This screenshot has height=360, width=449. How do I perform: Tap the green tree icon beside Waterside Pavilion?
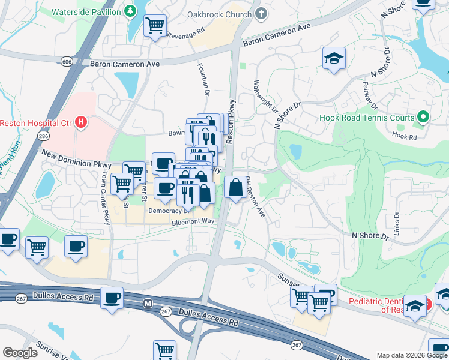pyautogui.click(x=130, y=11)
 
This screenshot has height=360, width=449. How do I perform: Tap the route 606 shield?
pyautogui.click(x=67, y=61)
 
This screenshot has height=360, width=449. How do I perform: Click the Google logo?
pyautogui.click(x=20, y=353)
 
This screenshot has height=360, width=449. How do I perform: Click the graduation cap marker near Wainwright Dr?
pyautogui.click(x=334, y=58)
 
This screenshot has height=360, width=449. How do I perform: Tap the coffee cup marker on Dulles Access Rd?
pyautogui.click(x=112, y=297)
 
